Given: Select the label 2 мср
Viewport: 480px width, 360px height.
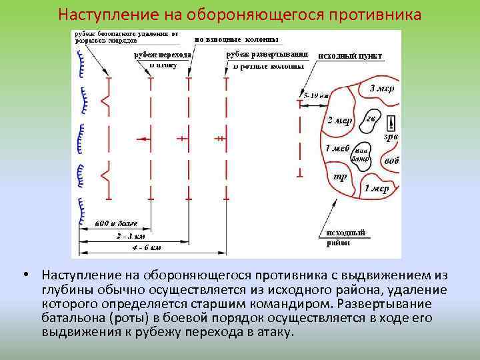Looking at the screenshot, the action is [339, 121].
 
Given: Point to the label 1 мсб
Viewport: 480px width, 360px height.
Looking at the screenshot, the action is [337, 148].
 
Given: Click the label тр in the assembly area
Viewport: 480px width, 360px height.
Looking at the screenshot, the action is [339, 177].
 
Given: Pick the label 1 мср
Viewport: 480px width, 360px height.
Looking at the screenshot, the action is [377, 189].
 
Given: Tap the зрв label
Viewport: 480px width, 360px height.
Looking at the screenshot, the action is [391, 137].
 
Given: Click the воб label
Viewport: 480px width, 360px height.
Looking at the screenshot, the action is [392, 161].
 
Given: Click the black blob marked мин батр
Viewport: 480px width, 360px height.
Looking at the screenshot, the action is [362, 155].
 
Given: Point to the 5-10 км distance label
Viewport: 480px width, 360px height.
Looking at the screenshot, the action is [317, 96].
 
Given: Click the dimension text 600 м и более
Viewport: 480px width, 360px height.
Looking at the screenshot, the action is [111, 221].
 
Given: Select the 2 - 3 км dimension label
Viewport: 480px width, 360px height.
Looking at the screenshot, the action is [131, 235].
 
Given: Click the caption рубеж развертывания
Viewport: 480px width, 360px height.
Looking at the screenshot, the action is [267, 53].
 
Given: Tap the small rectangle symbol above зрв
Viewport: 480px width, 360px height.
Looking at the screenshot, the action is [391, 123].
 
